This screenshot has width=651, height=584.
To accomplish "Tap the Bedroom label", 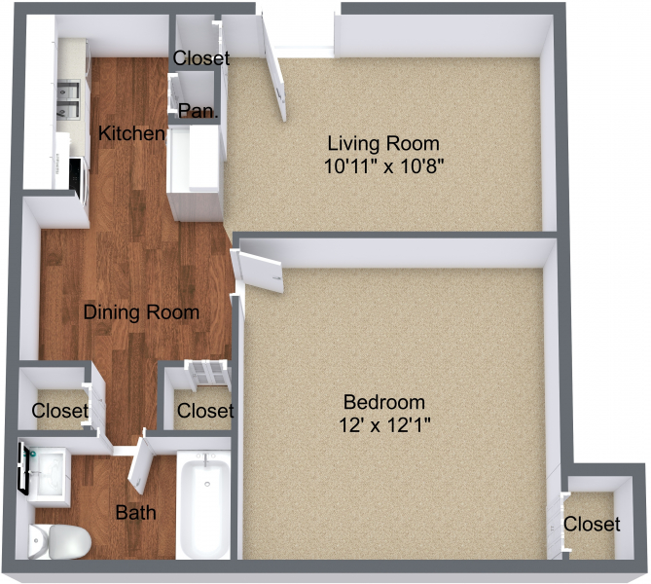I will (384, 402).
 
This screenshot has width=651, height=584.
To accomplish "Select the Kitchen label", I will (131, 133).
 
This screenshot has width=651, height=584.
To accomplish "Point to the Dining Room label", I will (141, 312).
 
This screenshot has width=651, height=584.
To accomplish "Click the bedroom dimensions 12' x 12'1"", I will (384, 424).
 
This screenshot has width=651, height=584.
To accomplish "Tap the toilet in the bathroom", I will (57, 542).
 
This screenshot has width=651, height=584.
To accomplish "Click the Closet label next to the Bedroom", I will (592, 525).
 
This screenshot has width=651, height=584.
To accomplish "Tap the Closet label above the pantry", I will (200, 58).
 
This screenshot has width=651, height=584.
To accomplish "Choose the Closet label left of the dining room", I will (59, 410).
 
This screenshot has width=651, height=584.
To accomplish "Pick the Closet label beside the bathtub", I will (205, 410).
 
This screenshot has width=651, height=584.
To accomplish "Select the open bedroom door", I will (259, 268).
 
